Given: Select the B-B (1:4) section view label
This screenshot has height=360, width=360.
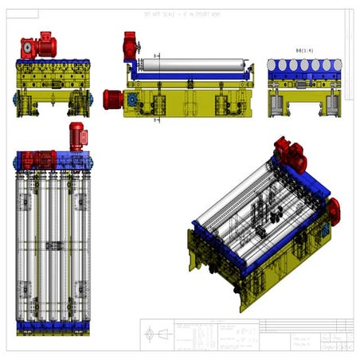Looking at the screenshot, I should (303, 50).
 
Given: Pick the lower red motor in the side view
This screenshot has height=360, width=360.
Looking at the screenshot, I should (114, 100).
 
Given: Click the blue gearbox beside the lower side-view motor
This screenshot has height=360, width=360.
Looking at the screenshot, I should (131, 99).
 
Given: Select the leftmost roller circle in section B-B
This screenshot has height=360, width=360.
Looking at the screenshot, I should (275, 66).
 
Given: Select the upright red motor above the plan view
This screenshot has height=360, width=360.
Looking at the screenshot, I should (77, 136).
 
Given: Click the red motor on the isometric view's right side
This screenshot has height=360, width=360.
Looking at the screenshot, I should (332, 211).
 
